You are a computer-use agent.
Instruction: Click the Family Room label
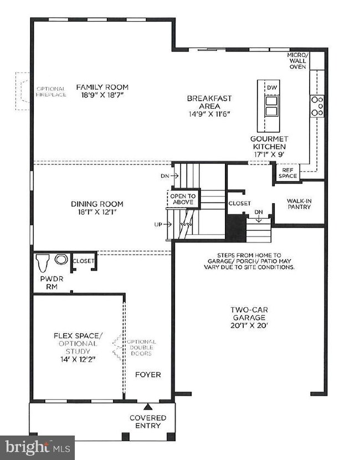click(102, 87)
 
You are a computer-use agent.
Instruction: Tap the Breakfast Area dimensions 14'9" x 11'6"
click(209, 114)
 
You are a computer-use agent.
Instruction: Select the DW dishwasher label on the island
click(272, 87)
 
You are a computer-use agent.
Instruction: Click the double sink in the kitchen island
click(271, 106)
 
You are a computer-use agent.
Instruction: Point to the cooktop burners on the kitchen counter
click(317, 106)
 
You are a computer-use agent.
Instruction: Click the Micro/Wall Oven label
click(298, 61)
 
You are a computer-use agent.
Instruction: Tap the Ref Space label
click(288, 173)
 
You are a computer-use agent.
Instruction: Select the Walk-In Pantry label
click(299, 204)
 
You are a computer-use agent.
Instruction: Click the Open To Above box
click(183, 199)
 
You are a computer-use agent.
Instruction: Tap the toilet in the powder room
click(42, 263)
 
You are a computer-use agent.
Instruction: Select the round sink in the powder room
click(61, 259)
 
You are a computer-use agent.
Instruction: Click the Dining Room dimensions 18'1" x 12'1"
click(97, 212)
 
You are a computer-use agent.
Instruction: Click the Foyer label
click(148, 375)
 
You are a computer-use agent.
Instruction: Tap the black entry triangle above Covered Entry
click(148, 407)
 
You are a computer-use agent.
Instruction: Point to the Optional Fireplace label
click(51, 91)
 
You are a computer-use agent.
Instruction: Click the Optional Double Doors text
click(141, 348)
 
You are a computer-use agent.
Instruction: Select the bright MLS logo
click(37, 448)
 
